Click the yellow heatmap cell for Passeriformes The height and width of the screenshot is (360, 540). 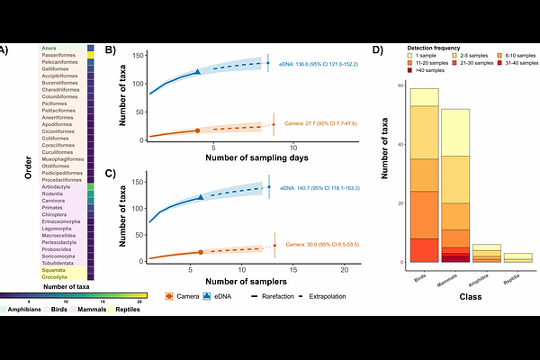[x=91, y=55]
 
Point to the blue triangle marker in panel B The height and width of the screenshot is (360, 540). [x=199, y=71]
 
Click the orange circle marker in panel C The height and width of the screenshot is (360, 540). [x=201, y=252]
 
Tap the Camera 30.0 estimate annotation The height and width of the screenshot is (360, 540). [x=322, y=244]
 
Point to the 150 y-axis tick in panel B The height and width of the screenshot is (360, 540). [x=139, y=56]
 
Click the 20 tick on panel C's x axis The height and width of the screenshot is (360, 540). [x=345, y=268]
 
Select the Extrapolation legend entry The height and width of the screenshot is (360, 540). [x=328, y=295]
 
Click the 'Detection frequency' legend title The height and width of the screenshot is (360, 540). [x=434, y=47]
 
